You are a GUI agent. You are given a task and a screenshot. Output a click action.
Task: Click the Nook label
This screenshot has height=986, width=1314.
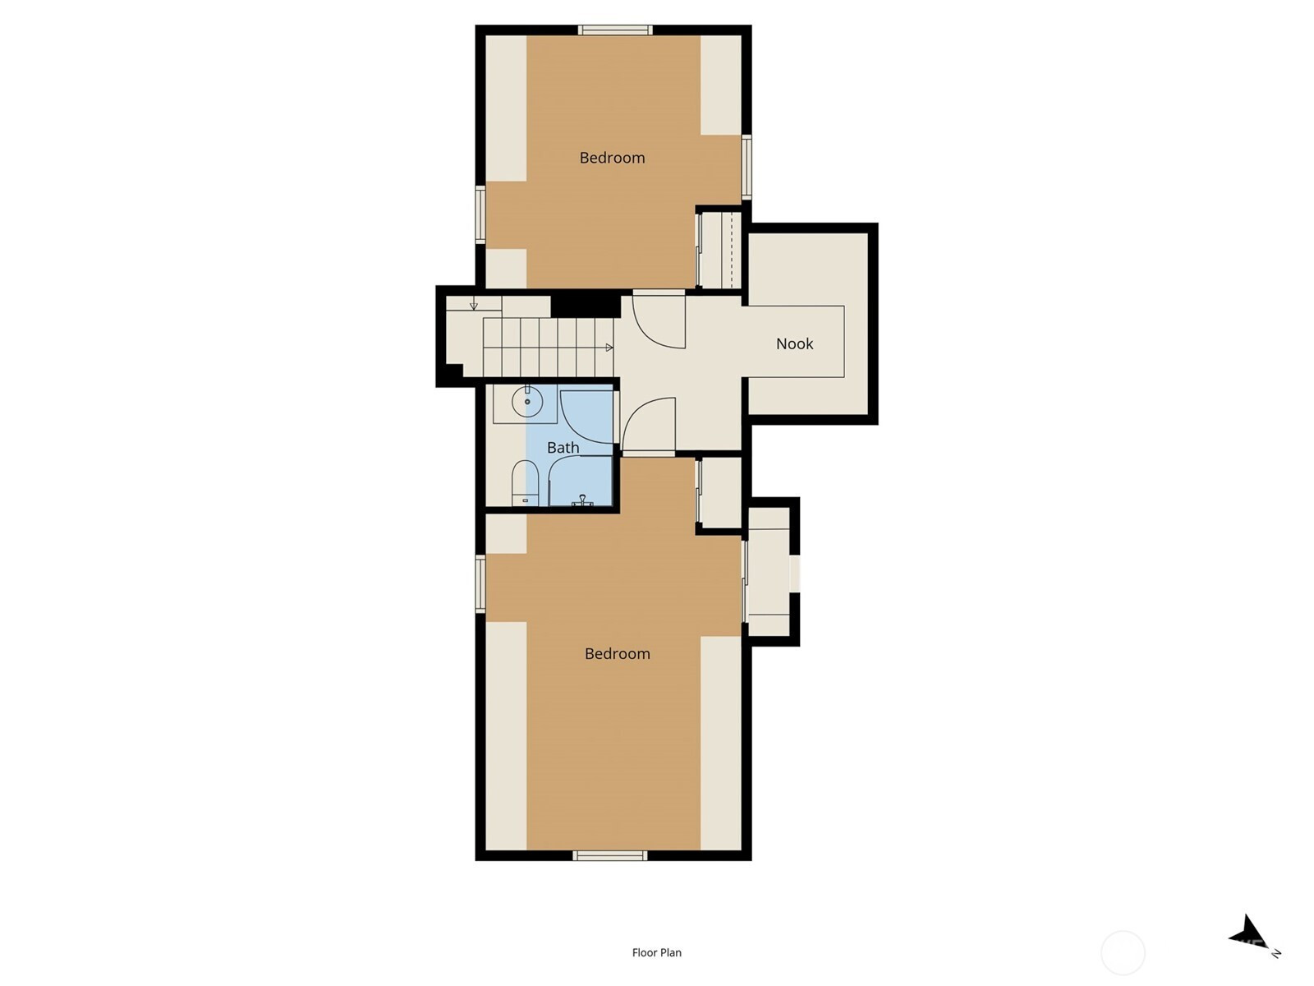pos(794,343)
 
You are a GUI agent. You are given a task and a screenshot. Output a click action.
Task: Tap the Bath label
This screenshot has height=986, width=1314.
pos(563,447)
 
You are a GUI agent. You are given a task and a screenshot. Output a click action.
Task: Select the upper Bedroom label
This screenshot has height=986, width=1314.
pos(612,158)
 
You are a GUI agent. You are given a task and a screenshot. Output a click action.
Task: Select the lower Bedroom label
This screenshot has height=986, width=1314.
pos(618,653)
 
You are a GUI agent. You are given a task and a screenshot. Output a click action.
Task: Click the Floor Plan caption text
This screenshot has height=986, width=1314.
pos(657,951)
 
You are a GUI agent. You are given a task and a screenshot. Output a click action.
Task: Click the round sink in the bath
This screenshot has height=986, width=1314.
pos(526,401)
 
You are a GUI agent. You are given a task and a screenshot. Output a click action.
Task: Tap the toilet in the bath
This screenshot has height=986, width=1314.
pos(526,482)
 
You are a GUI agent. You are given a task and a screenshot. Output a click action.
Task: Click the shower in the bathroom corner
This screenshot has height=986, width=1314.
pos(581,480)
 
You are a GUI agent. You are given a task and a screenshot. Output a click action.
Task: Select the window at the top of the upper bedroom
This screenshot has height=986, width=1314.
pos(615,30)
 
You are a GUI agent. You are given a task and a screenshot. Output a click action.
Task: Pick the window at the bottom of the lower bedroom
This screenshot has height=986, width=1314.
pos(610,856)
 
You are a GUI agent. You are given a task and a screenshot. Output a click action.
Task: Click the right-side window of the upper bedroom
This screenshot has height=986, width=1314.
pos(747,167)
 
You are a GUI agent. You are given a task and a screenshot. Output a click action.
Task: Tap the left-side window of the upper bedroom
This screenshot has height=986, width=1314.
pos(480,214)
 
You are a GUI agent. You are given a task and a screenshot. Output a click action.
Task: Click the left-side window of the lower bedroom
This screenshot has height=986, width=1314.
pos(480,583)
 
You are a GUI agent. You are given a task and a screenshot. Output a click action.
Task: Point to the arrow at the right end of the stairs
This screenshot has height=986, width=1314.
pos(609,348)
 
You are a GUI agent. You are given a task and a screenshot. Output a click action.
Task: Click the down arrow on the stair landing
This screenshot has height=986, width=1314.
pos(474,306)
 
